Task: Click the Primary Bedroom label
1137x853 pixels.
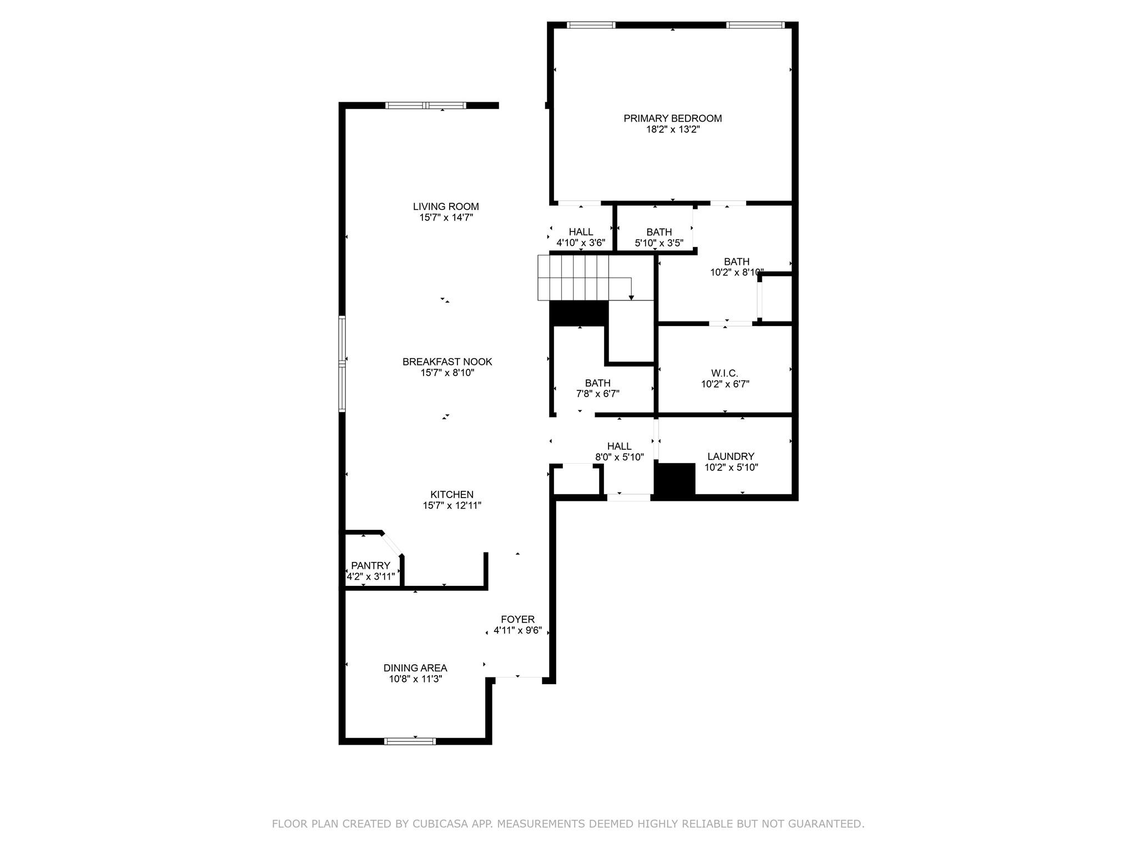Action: point(672,118)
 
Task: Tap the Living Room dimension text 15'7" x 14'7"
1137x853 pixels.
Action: point(446,218)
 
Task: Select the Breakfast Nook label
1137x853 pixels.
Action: point(447,362)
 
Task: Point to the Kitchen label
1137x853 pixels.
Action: point(451,494)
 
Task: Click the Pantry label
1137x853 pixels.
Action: point(370,565)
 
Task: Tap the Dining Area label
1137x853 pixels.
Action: point(415,668)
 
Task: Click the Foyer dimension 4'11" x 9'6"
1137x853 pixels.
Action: point(517,631)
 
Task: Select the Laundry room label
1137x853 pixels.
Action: point(731,456)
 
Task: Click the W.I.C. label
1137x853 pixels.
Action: point(725,373)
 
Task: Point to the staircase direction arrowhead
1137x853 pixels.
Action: point(631,298)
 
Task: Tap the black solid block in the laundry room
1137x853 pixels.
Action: point(675,478)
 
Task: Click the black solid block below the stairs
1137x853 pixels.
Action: point(579,313)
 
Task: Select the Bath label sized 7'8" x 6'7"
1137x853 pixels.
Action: point(597,383)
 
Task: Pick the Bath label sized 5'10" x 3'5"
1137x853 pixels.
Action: point(659,232)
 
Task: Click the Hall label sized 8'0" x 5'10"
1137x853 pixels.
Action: point(619,446)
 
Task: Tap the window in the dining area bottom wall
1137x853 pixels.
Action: point(410,741)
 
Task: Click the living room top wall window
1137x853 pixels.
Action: point(426,106)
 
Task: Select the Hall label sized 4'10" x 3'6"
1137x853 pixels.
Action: point(581,232)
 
